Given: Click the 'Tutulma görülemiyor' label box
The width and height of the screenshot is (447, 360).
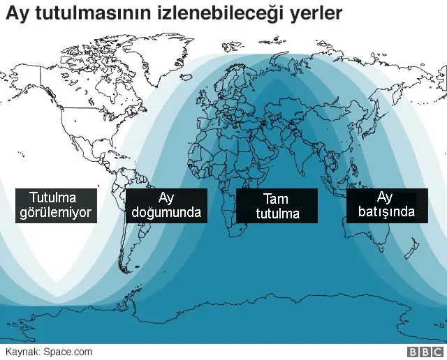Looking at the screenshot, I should pos(56,204).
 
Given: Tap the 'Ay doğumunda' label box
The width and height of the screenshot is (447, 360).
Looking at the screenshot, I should pos(166,204).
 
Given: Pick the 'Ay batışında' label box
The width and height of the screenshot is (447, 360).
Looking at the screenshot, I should pos(387,204).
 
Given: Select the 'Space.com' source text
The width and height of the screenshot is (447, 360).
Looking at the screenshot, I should pos(68,352).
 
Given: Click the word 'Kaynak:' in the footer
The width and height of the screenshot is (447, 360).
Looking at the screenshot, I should pos(22,352).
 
